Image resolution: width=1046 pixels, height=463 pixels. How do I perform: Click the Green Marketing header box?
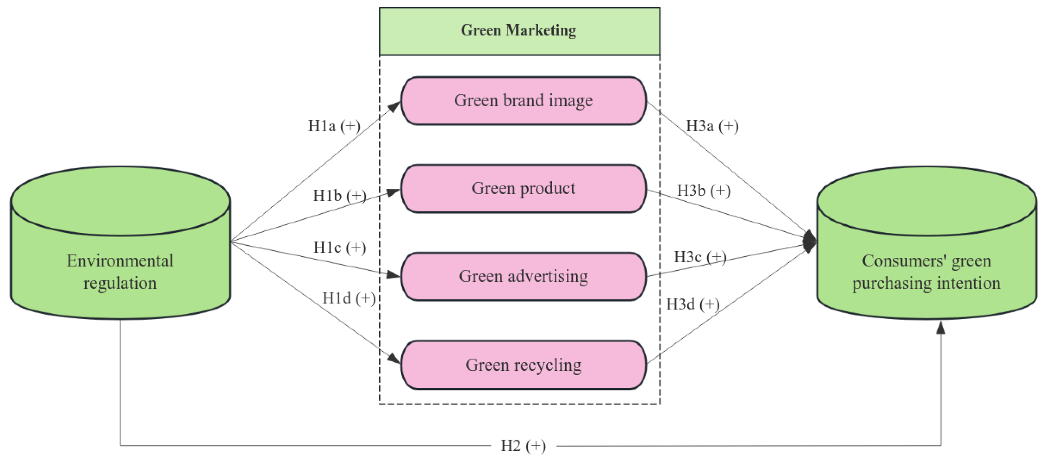(x=519, y=31)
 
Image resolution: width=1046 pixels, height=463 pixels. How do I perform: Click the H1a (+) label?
(x=334, y=126)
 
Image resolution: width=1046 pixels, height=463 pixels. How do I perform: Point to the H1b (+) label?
(x=339, y=196)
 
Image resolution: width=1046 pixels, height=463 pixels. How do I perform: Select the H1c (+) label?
(x=339, y=247)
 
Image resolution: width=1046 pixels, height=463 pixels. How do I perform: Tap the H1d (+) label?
(x=348, y=298)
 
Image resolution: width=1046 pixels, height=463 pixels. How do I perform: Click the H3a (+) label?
(x=712, y=126)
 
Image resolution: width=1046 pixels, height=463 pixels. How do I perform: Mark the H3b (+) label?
(x=703, y=190)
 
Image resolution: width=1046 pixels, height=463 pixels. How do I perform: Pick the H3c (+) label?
(x=700, y=257)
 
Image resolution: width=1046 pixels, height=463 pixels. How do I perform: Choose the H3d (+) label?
(x=693, y=304)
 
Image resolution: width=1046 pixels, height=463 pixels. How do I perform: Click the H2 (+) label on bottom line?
(x=523, y=446)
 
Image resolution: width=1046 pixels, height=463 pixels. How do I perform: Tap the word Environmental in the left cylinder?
(x=120, y=261)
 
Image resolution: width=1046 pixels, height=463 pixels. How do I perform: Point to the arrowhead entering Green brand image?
(x=394, y=106)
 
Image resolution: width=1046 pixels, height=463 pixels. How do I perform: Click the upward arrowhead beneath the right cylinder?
(x=941, y=327)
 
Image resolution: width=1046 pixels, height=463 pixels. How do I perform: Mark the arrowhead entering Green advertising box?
(x=393, y=275)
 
